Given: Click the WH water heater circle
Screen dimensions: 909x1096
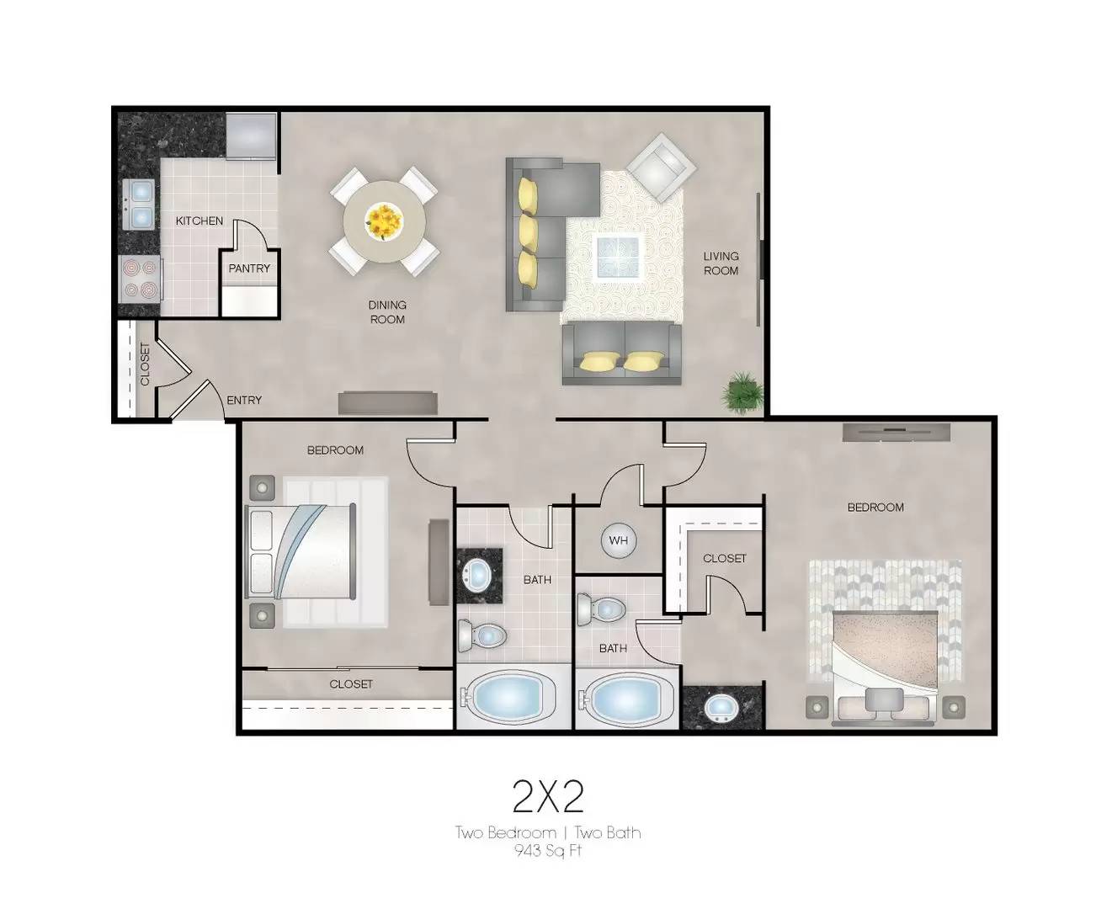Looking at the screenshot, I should [x=619, y=540].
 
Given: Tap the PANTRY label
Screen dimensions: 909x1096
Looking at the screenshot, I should [x=249, y=268].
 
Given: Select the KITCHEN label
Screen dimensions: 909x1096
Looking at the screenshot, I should [x=200, y=221].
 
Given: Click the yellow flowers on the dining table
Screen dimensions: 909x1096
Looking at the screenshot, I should [x=384, y=221].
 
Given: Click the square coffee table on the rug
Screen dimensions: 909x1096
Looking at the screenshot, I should [x=617, y=256].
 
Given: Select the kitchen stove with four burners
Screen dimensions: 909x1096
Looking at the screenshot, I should [x=140, y=279].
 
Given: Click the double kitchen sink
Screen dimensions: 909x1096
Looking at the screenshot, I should [x=140, y=205].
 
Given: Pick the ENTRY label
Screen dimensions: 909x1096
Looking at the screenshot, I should [x=244, y=401].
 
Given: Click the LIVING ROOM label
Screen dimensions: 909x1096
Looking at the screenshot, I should [x=721, y=263].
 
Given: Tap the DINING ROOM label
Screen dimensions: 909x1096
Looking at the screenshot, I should [x=387, y=311].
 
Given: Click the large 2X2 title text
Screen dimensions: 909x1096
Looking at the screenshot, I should [x=548, y=796].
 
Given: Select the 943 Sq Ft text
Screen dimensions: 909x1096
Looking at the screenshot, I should [x=548, y=850].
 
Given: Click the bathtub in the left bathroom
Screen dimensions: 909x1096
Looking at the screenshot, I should [x=505, y=698].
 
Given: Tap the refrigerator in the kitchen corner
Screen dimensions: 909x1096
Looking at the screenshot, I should [x=251, y=134].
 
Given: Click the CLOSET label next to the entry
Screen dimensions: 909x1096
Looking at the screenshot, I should [x=145, y=364].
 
